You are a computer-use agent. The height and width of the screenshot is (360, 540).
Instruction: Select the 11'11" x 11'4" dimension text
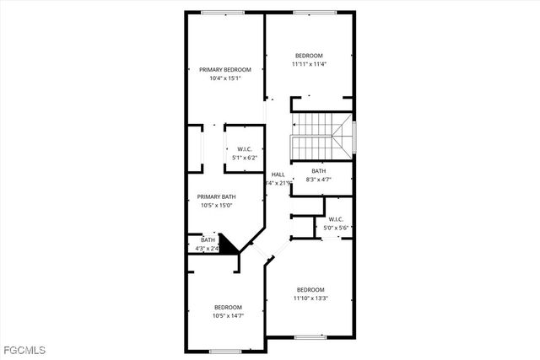coord(309,64)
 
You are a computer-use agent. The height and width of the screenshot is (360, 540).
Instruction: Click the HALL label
coord(278,175)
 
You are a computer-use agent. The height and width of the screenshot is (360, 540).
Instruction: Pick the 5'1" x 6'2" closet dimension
coord(245,158)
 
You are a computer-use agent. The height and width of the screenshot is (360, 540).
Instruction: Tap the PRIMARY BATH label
coord(217,196)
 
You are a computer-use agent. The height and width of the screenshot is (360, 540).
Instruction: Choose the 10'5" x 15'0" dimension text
coord(217,205)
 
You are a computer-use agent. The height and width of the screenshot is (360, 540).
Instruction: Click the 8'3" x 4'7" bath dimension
coord(318,179)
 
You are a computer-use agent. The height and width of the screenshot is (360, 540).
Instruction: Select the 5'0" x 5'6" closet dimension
coord(336,228)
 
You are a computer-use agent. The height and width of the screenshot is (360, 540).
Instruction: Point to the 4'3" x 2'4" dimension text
coord(207,249)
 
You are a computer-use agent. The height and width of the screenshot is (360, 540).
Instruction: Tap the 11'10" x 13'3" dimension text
coord(310,298)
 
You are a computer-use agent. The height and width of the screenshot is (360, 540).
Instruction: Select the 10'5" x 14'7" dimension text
coord(228,316)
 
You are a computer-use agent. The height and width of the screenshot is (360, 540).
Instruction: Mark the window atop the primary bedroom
coord(224,12)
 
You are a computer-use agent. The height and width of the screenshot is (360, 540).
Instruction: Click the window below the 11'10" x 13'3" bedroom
coord(310,337)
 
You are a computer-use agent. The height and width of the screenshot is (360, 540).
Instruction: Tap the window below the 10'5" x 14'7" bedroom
coord(225,351)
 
